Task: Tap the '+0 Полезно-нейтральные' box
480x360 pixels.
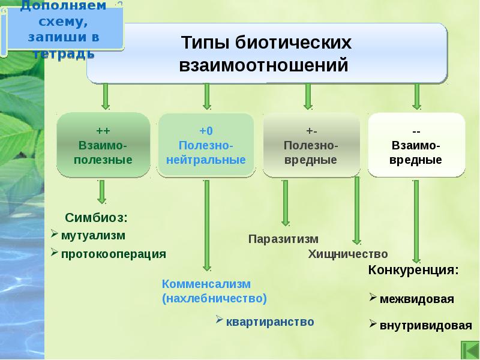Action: pyautogui.click(x=206, y=146)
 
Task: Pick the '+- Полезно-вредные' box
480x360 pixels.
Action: pyautogui.click(x=311, y=146)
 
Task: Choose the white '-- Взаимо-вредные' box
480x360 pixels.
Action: pyautogui.click(x=416, y=146)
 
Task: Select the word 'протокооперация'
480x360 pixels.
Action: pyautogui.click(x=113, y=254)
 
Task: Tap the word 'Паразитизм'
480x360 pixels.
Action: pyautogui.click(x=283, y=239)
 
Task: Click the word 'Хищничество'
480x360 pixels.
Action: pyautogui.click(x=348, y=254)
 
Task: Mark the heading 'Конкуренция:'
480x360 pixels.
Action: pyautogui.click(x=413, y=270)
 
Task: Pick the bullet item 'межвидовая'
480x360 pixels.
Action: pyautogui.click(x=417, y=299)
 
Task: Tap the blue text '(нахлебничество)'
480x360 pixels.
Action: pyautogui.click(x=214, y=298)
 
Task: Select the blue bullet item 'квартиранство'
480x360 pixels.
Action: pyautogui.click(x=270, y=322)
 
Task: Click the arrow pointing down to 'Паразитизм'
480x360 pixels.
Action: pyautogui.click(x=286, y=204)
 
